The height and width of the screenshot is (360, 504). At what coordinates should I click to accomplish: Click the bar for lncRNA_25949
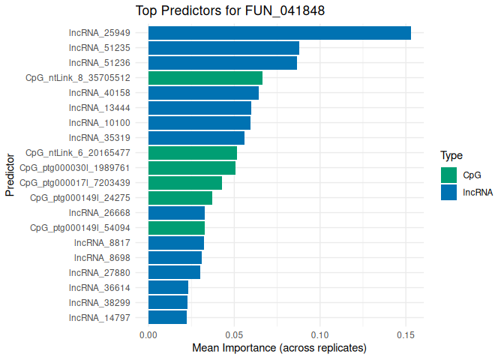pos(279,33)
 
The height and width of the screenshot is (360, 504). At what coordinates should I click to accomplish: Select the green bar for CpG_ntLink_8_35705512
pos(205,78)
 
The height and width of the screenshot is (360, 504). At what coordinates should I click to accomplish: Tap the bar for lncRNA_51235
pos(223,48)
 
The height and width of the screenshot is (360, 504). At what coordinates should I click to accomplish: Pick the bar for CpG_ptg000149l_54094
pos(176,228)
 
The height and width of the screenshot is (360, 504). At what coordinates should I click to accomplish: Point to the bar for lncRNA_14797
pos(167,318)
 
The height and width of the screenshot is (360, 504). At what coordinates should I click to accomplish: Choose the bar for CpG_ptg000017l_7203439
pos(185,183)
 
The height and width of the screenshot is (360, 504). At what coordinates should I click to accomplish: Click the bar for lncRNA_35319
pos(196,138)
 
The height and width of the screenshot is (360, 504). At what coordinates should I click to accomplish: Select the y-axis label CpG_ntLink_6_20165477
pos(78,153)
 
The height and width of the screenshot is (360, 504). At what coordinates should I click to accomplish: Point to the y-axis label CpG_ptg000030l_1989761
pos(75,168)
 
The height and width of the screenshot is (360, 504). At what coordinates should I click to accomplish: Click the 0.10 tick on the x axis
pos(320,334)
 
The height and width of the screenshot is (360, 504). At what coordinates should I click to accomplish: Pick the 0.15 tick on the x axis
pos(406,334)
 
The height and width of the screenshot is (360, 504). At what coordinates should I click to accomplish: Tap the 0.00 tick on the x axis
pos(148,334)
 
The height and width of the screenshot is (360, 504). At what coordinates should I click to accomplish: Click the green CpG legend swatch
pos(448,175)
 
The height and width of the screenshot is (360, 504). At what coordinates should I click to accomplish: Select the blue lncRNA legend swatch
pos(448,192)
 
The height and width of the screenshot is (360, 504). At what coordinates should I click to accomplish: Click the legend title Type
pos(451,156)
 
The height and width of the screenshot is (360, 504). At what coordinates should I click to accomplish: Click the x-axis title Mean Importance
pos(279,349)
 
